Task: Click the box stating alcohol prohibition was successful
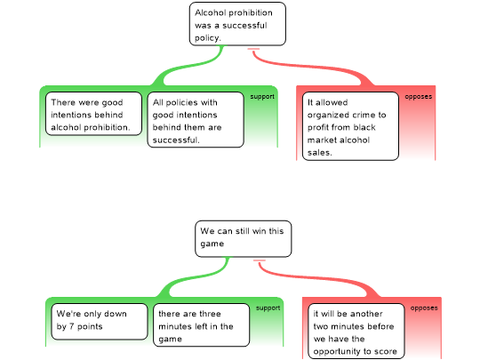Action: coord(237,24)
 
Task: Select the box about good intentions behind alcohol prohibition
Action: coord(93,114)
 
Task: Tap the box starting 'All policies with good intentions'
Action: coord(196,120)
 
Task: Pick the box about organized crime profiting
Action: coord(350,126)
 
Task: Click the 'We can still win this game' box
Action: coord(244,239)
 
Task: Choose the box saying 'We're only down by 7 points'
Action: coord(100,322)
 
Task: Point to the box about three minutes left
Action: coord(202,325)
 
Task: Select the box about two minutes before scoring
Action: coord(356,332)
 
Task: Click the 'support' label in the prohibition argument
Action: coord(262,97)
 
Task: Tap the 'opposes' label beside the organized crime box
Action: coord(419,97)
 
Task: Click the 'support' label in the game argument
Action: coord(268,308)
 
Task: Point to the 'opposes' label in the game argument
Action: coord(424,308)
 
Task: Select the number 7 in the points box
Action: coord(71,326)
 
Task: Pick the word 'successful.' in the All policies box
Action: coord(176,140)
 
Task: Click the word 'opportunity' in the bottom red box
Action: coord(337,352)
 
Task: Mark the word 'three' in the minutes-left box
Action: coord(210,314)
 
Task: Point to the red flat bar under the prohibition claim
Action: coord(253,49)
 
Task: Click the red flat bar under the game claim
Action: coord(260,260)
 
